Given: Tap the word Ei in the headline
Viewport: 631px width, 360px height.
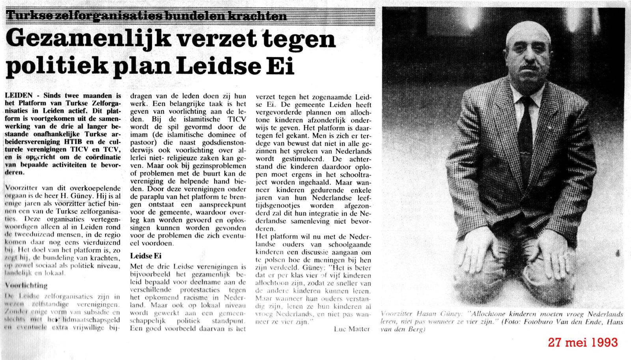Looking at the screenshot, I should point(282,67).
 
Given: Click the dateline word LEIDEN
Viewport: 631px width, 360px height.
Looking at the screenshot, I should point(20,95).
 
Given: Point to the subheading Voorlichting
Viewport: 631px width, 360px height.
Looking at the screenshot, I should point(26,285).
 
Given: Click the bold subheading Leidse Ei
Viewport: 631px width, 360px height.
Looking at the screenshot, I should point(146,256).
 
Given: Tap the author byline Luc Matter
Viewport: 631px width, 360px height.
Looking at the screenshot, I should point(352,328).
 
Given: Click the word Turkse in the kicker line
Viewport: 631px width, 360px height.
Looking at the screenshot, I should point(24,16).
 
